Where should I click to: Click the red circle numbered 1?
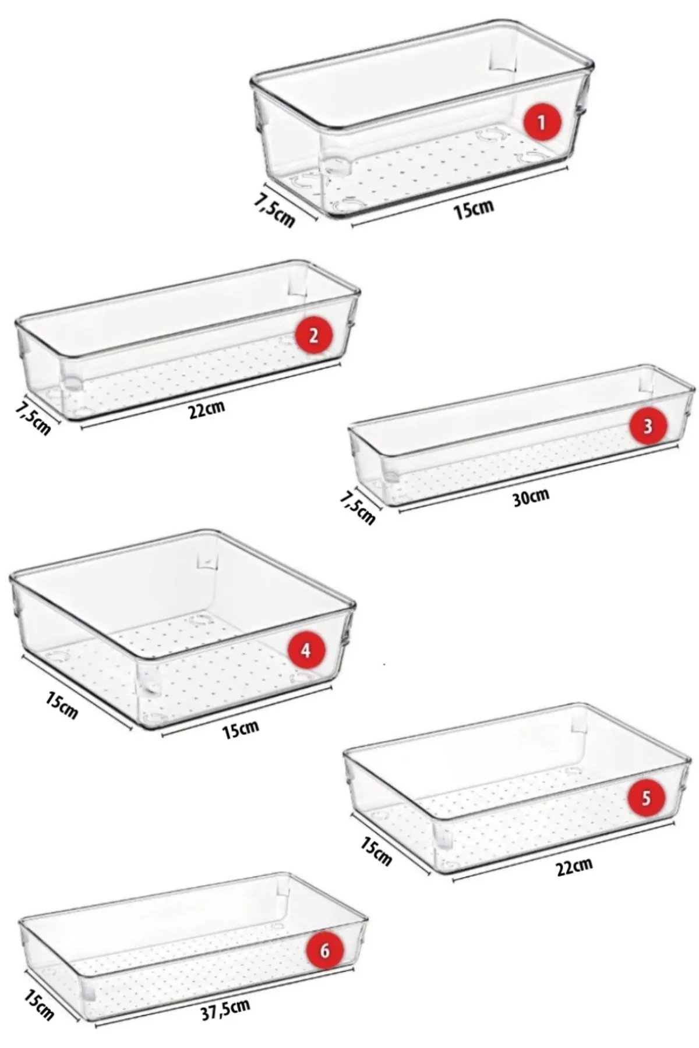tap(541, 122)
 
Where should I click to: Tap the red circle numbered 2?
tap(313, 336)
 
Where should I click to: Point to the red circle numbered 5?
tap(646, 798)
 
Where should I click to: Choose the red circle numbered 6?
tap(325, 951)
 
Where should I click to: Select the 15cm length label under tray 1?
tap(474, 208)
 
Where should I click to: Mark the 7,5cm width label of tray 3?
tap(356, 506)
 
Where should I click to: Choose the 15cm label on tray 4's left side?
tap(62, 703)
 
